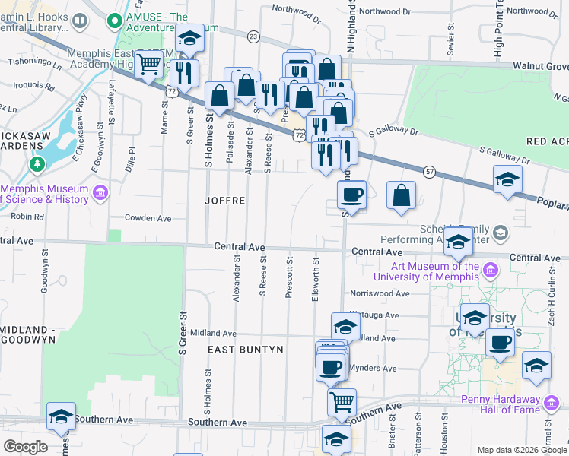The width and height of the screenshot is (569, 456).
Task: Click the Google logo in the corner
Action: (x=24, y=447)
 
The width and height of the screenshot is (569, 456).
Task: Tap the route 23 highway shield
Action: (x=253, y=36)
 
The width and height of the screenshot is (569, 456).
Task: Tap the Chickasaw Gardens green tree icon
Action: (x=36, y=164)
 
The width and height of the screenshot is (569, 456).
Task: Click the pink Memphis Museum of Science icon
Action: (x=100, y=195)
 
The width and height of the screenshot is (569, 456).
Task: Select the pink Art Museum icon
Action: (x=491, y=271)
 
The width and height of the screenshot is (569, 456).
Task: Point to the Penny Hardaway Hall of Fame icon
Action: (x=552, y=401)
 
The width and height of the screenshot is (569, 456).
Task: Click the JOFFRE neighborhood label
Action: (x=225, y=201)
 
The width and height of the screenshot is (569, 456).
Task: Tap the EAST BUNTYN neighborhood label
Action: (x=246, y=350)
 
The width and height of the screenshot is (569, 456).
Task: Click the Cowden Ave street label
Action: (x=148, y=218)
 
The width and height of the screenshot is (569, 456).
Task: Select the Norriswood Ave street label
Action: (x=380, y=293)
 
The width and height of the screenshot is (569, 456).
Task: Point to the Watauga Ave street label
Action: (x=374, y=315)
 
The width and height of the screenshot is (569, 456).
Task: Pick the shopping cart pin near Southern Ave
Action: (x=342, y=402)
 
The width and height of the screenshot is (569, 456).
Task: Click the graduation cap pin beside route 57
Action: (x=507, y=181)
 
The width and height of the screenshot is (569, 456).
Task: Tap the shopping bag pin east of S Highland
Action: (x=401, y=195)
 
